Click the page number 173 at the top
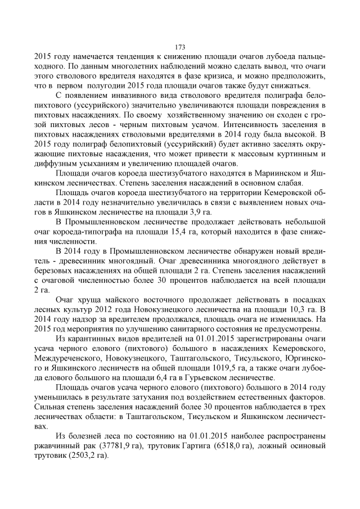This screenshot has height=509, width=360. coord(180,47)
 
